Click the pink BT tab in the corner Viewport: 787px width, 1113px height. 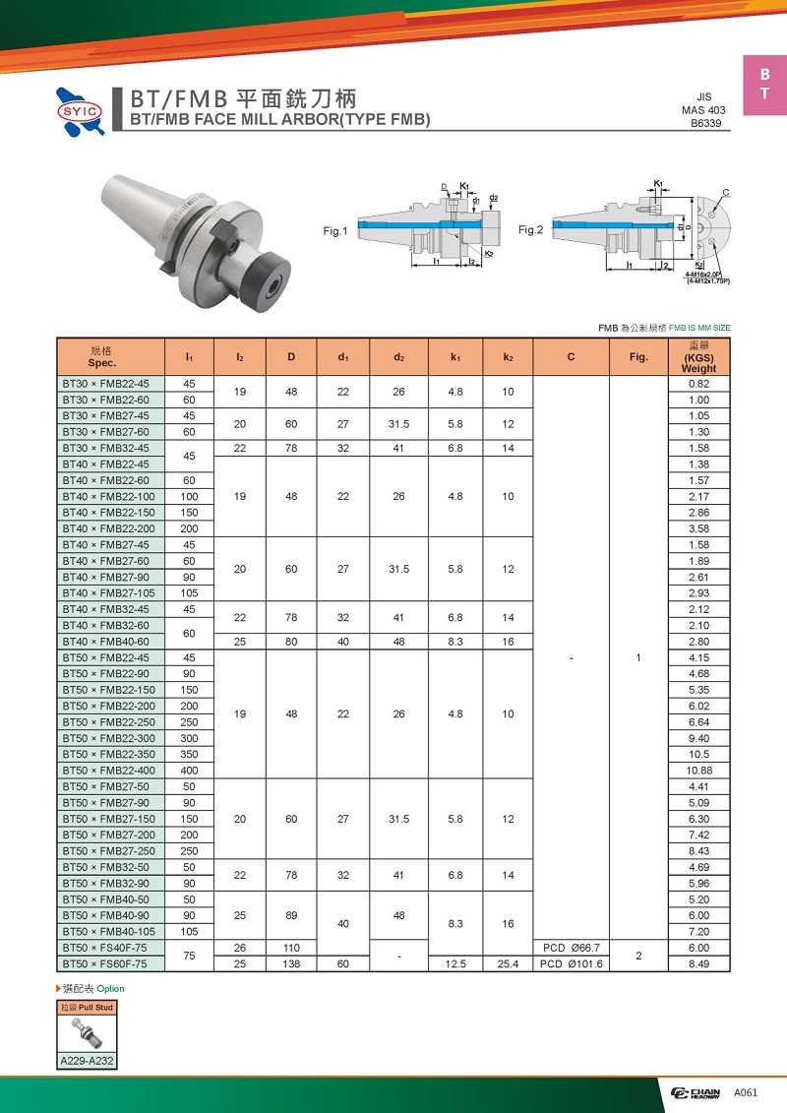point(764,85)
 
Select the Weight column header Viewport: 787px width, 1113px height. point(698,356)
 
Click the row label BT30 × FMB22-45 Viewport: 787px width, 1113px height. point(105,384)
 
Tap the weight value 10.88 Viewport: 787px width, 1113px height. point(698,771)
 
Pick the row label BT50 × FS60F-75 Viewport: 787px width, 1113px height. point(105,963)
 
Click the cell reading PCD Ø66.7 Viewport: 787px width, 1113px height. point(571,948)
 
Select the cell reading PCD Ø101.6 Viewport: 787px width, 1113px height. point(571,963)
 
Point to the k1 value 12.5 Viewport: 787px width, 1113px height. point(455,963)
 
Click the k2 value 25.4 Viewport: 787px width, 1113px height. point(508,963)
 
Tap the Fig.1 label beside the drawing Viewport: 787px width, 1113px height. point(335,231)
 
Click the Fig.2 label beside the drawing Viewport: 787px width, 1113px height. point(531,230)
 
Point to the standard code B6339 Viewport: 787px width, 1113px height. point(708,124)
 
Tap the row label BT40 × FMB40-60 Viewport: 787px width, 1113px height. point(105,642)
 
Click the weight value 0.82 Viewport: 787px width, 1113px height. point(698,384)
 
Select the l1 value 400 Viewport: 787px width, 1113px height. point(189,771)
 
